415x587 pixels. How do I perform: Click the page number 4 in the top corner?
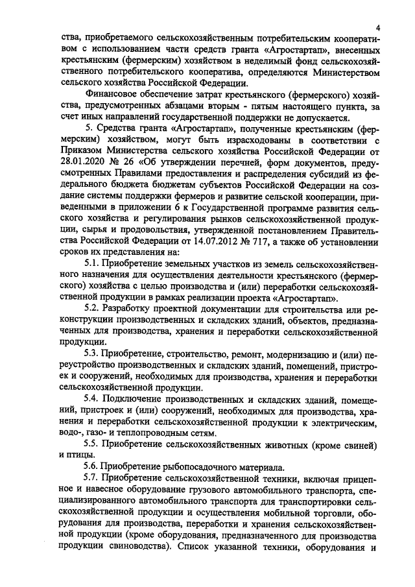tap(376, 25)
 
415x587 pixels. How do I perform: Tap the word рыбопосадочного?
tap(201, 467)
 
